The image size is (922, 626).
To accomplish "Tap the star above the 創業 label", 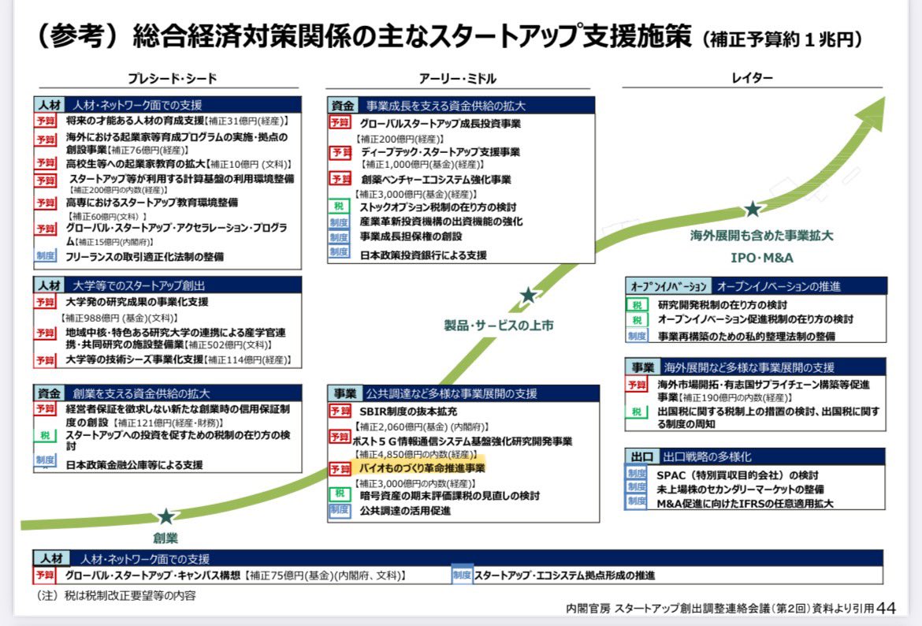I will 165,517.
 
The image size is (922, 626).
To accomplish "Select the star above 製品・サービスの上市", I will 527,296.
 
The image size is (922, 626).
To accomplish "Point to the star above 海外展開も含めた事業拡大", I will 753,209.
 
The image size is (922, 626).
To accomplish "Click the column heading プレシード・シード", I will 173,78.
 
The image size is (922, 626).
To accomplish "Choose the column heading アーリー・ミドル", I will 458,78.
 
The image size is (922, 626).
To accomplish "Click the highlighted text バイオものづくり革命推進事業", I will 422,468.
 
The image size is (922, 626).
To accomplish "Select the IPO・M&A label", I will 762,257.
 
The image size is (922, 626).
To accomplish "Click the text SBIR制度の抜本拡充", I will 408,411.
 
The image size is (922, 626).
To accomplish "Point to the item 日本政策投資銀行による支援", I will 423,255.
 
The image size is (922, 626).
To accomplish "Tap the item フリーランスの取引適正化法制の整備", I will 144,256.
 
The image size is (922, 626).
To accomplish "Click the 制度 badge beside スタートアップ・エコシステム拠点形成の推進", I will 462,575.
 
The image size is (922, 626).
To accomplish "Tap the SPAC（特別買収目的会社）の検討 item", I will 738,475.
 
